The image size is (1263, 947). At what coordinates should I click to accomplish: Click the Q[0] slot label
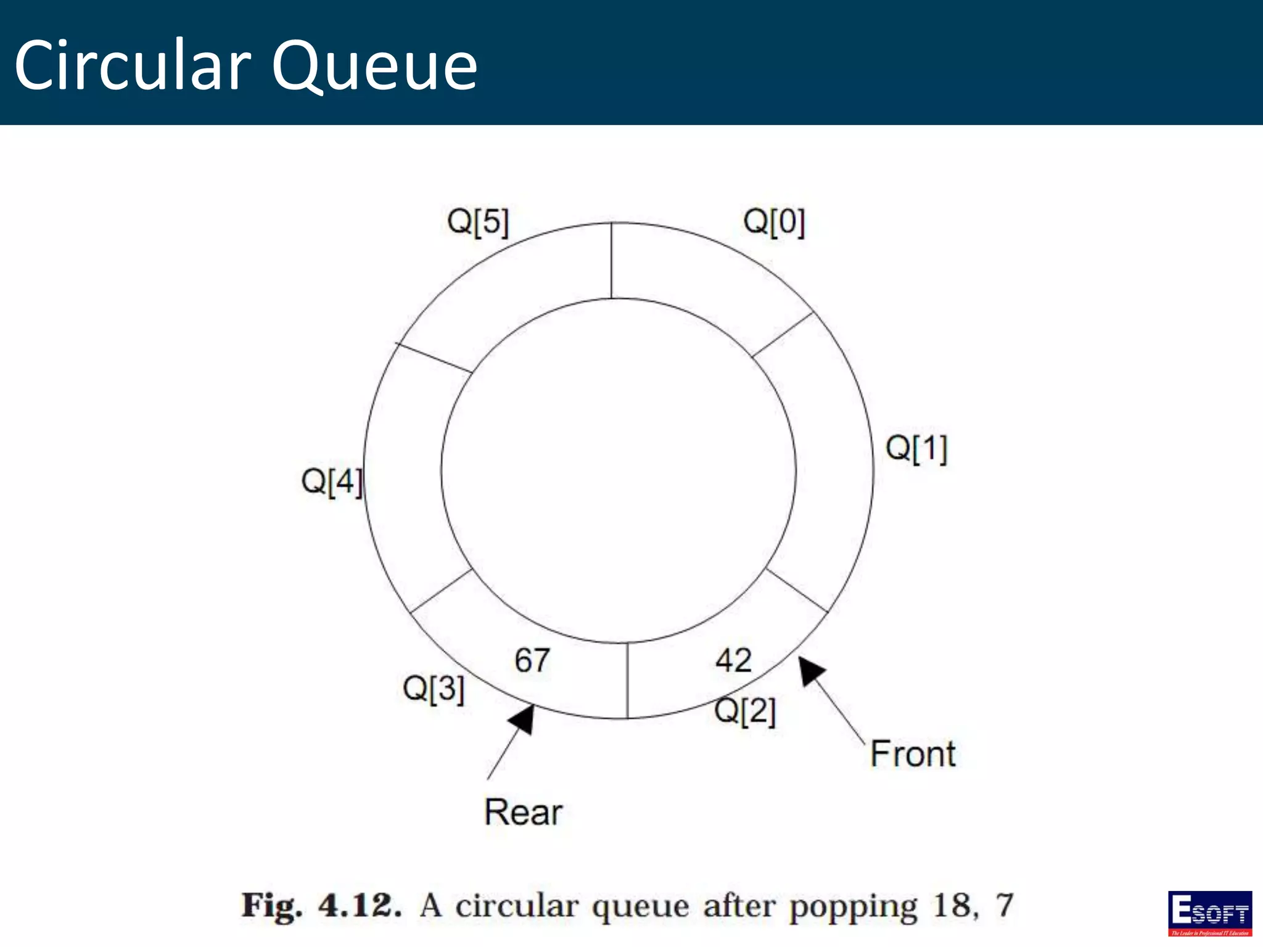point(774,222)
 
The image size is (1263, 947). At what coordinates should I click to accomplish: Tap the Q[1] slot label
point(916,448)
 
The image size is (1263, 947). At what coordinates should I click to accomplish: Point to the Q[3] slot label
point(433,688)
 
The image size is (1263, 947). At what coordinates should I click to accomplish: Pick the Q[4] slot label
point(332,481)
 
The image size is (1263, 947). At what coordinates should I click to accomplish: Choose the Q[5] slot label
point(478,222)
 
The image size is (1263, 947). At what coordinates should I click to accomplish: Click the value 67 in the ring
point(532,660)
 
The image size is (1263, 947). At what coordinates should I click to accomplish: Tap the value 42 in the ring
point(733,660)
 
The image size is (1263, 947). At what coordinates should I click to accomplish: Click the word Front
point(913,754)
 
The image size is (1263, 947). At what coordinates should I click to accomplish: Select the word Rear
point(523,812)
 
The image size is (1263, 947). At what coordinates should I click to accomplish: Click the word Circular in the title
point(133,65)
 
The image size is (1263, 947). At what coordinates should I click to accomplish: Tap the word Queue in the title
point(374,65)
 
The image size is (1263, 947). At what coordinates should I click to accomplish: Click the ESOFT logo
point(1209,913)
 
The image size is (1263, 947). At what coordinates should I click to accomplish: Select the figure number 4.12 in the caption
point(360,906)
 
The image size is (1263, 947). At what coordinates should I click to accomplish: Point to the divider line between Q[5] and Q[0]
point(611,261)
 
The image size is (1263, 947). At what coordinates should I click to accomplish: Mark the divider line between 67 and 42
point(627,681)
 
